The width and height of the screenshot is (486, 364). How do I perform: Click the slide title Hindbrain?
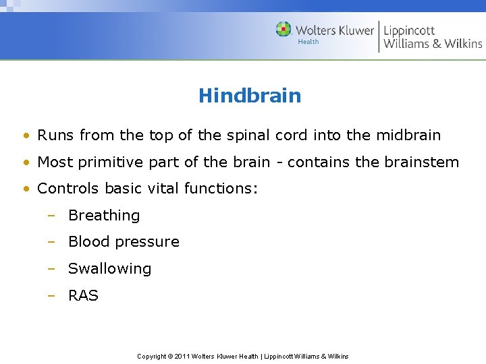pos(250,96)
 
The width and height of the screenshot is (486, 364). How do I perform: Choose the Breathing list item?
pos(104,216)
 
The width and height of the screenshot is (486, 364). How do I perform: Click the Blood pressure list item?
pos(124,242)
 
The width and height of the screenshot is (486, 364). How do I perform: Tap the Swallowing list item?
pos(109,269)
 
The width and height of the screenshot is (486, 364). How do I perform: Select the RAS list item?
pos(83,295)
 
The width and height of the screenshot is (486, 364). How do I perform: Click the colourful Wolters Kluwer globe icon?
pos(283,30)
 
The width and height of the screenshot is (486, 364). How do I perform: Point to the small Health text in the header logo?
pos(308,42)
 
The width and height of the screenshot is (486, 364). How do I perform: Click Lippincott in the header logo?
pos(410,30)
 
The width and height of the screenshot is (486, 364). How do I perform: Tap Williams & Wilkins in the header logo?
pos(433,44)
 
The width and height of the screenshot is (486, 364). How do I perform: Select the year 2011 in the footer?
pos(182,356)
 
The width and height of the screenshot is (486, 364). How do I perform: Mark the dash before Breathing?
pos(51,216)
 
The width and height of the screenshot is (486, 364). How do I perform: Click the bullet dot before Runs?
pos(25,135)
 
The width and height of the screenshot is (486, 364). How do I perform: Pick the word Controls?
pos(65,189)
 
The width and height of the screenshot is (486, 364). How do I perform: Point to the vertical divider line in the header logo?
pos(379,36)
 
